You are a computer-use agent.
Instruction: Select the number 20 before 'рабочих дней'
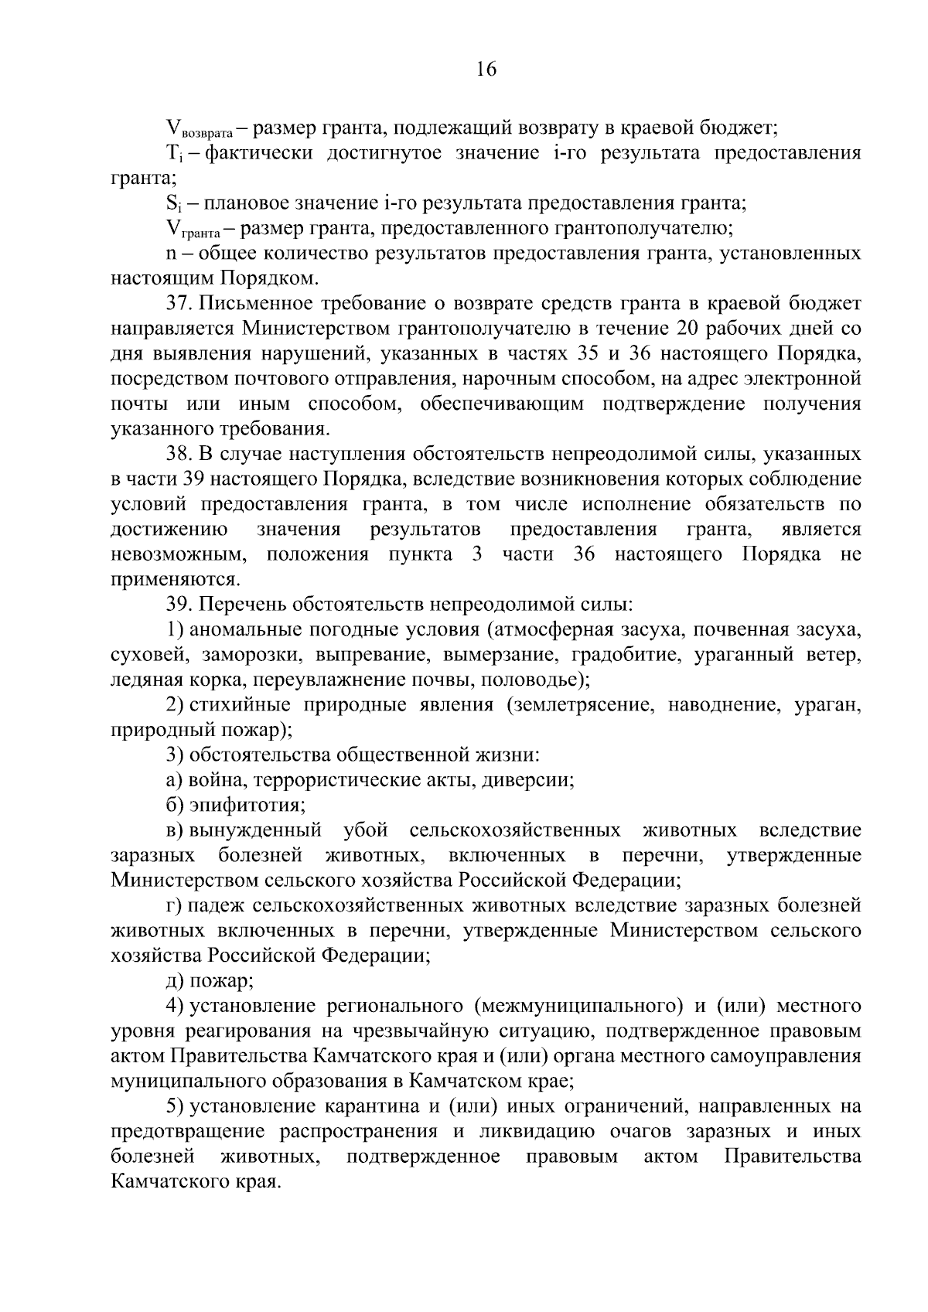[x=688, y=329]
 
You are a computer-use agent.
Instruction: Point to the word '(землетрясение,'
[x=577, y=706]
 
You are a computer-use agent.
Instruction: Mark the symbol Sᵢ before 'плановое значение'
[x=172, y=204]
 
